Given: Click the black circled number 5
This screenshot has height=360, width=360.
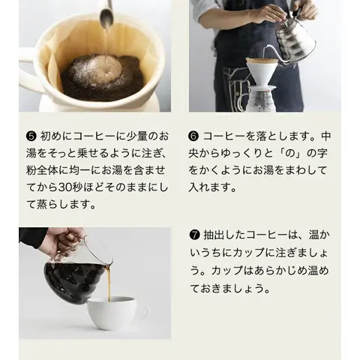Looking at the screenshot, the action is coord(31,136).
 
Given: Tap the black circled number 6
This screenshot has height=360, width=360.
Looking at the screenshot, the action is coord(193,136).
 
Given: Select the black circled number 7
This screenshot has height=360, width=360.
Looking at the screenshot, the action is coord(195,235).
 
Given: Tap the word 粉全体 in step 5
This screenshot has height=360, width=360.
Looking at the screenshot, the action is coord(43,170).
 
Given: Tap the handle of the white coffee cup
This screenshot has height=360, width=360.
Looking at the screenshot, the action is coord(145,311).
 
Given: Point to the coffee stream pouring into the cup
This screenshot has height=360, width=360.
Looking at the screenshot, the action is coord(109,283).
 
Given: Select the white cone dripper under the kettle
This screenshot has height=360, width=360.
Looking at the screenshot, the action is coord(262,73).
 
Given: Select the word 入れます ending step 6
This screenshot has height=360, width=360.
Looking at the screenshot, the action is coord(212,187).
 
